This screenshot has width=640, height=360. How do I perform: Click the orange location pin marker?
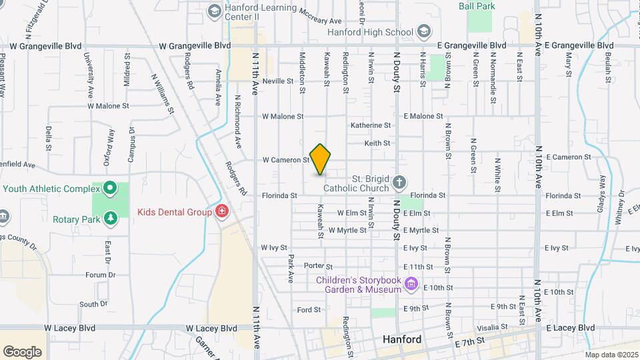320,159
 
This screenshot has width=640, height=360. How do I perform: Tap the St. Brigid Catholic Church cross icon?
399,182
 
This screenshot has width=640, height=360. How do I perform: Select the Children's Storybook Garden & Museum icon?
411,285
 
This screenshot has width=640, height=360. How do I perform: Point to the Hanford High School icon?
423,31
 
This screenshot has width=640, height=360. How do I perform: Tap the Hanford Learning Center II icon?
214,11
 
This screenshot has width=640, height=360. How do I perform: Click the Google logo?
22,351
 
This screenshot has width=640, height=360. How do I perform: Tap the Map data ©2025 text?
611,355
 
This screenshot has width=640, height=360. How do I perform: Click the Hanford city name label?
402,339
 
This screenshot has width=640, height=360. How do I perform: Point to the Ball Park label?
476,6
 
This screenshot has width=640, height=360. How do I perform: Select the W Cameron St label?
286,160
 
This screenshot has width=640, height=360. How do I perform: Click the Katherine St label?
371,125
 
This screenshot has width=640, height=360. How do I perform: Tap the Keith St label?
377,143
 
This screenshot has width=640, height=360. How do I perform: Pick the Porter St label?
318,265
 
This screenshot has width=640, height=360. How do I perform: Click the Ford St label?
309,309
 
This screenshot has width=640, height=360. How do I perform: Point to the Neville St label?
278,81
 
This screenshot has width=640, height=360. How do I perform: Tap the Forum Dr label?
101,275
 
